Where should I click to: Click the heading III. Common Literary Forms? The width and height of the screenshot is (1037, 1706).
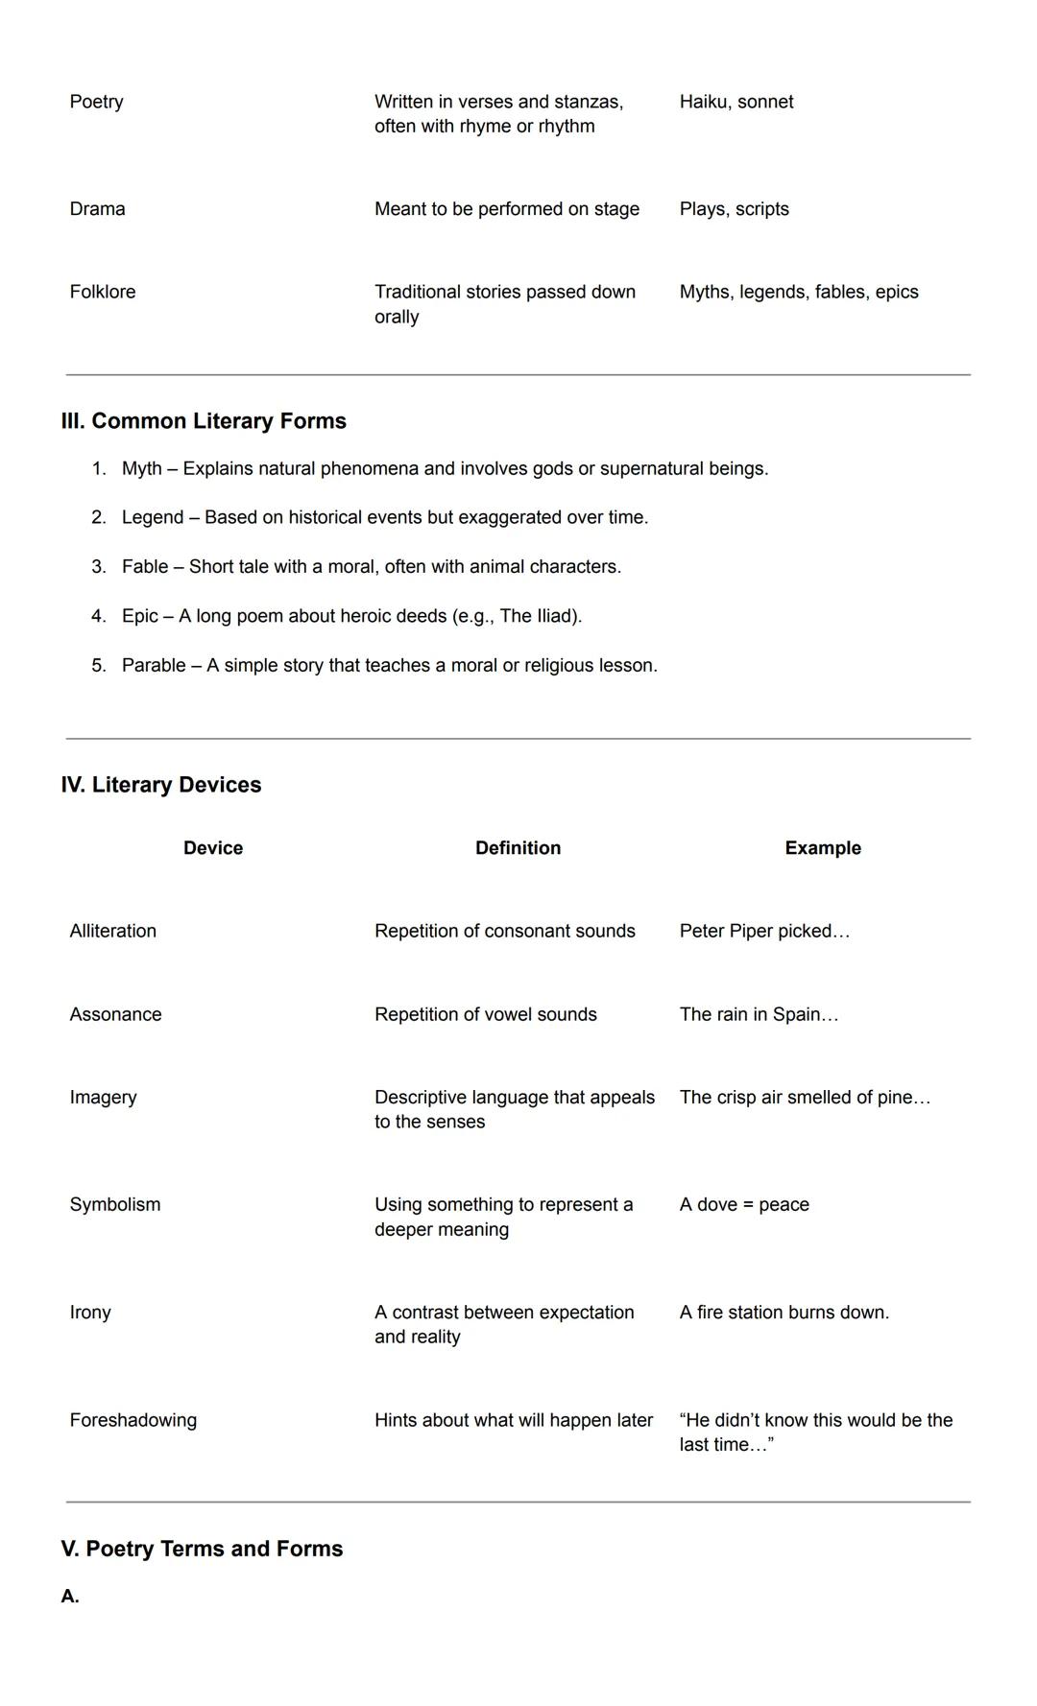pyautogui.click(x=204, y=421)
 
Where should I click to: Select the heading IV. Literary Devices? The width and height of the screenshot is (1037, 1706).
pyautogui.click(x=161, y=785)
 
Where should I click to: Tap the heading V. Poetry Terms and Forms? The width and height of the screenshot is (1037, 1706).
pyautogui.click(x=202, y=1549)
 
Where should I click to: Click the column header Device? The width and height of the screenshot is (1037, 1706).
pyautogui.click(x=213, y=848)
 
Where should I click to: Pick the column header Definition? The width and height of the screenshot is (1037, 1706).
pyautogui.click(x=518, y=848)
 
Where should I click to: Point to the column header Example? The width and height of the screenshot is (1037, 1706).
pyautogui.click(x=822, y=848)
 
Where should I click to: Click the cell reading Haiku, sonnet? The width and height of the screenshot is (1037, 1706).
pyautogui.click(x=736, y=102)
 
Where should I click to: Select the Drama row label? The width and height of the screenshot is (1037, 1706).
pyautogui.click(x=97, y=209)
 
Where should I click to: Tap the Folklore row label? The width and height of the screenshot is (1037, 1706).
pyautogui.click(x=102, y=292)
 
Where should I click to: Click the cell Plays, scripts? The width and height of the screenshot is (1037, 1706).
pyautogui.click(x=734, y=209)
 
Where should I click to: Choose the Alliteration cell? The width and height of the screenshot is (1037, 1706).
pyautogui.click(x=112, y=931)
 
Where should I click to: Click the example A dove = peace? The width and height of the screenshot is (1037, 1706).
pyautogui.click(x=743, y=1204)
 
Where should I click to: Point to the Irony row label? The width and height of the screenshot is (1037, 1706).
pyautogui.click(x=90, y=1312)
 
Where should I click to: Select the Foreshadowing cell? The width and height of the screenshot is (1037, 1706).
pyautogui.click(x=133, y=1420)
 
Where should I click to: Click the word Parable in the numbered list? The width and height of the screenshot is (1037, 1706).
pyautogui.click(x=154, y=665)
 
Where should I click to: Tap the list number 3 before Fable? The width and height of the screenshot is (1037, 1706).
pyautogui.click(x=98, y=567)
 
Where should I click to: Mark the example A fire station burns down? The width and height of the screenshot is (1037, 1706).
pyautogui.click(x=784, y=1312)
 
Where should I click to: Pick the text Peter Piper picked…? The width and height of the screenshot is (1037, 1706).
pyautogui.click(x=764, y=931)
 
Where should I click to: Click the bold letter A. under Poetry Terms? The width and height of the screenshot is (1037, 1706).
pyautogui.click(x=69, y=1597)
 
